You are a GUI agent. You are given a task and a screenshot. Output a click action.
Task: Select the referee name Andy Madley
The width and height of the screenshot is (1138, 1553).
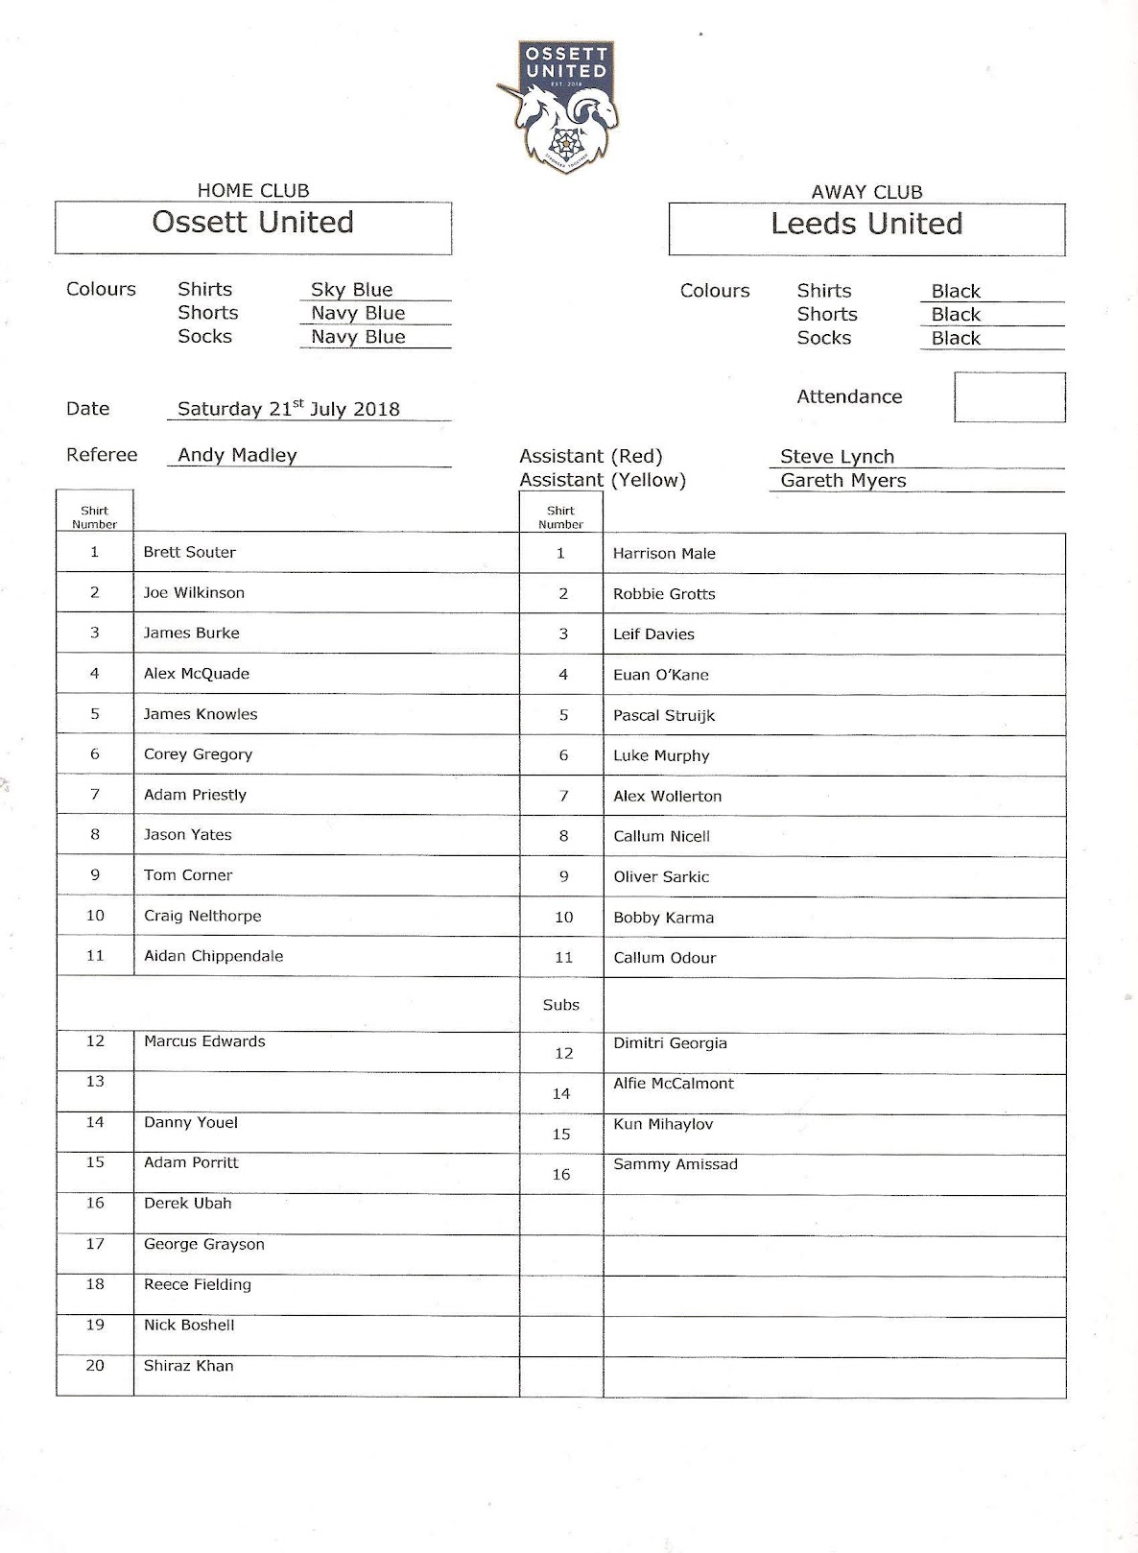click(x=237, y=455)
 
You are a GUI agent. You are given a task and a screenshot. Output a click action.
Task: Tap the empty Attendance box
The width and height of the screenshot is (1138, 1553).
click(x=1008, y=397)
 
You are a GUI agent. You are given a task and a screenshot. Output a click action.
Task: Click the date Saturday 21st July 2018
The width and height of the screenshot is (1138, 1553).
click(x=288, y=409)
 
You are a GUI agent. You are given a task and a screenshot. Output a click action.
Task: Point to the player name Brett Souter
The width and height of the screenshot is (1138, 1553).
click(x=189, y=552)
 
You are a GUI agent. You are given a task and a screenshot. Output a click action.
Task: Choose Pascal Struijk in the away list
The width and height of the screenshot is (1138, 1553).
click(x=664, y=715)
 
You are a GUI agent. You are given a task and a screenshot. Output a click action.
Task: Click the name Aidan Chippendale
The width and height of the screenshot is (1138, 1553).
click(x=213, y=956)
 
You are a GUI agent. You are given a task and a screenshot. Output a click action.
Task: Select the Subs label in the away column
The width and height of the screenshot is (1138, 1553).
click(x=560, y=1005)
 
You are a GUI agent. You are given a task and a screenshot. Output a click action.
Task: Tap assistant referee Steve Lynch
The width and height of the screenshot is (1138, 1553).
click(x=837, y=457)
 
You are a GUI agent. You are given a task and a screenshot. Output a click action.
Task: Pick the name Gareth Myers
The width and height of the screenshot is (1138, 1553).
click(x=842, y=480)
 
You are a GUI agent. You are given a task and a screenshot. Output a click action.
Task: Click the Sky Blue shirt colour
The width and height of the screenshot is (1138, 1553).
click(x=351, y=290)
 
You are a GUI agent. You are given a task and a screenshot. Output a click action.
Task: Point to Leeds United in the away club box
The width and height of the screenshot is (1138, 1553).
click(x=865, y=224)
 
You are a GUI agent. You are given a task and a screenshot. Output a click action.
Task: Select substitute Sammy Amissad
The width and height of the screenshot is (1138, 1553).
click(x=676, y=1164)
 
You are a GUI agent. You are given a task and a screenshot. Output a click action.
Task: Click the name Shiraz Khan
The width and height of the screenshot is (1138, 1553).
click(x=188, y=1366)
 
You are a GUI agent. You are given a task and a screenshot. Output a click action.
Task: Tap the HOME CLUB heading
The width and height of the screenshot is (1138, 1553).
click(x=252, y=191)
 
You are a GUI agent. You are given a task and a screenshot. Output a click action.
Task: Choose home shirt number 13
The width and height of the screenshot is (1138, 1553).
click(x=95, y=1082)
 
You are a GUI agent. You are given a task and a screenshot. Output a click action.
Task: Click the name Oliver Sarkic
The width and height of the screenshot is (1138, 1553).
click(x=661, y=876)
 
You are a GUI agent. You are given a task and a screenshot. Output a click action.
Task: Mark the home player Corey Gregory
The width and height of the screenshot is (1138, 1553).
click(x=198, y=754)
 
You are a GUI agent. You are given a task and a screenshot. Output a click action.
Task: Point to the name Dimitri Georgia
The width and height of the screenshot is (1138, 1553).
click(x=670, y=1043)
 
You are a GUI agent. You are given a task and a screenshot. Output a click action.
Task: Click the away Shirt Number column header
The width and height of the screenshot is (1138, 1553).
click(x=560, y=517)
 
